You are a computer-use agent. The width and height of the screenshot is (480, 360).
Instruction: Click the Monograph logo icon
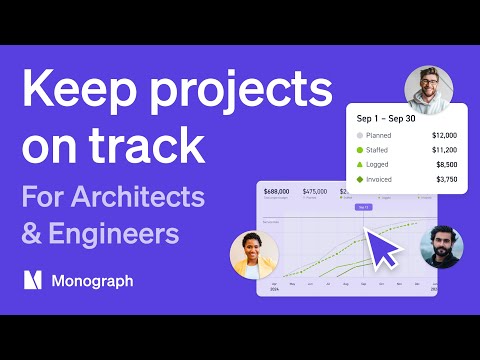click(x=34, y=281)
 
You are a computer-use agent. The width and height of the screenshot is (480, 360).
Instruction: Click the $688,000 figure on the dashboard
click(x=276, y=190)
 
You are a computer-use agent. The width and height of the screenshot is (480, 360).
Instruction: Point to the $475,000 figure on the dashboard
click(x=314, y=190)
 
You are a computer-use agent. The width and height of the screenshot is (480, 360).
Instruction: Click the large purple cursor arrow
click(x=380, y=243)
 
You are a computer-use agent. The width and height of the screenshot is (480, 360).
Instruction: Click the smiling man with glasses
click(x=428, y=87)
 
